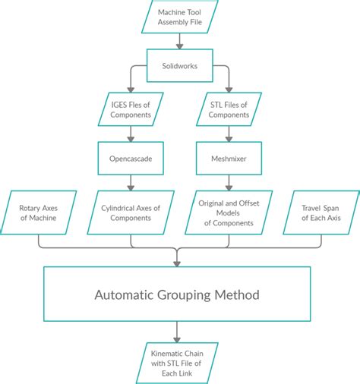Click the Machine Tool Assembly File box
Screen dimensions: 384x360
(x=180, y=17)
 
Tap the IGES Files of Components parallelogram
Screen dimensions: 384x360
(x=131, y=110)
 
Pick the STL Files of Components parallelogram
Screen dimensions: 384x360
(x=229, y=110)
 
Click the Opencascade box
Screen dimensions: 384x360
(x=131, y=159)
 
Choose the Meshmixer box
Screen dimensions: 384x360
(x=229, y=159)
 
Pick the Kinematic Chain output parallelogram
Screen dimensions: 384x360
(x=180, y=362)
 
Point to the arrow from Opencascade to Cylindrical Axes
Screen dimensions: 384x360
(x=131, y=182)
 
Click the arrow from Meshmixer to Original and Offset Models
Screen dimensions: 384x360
(x=229, y=182)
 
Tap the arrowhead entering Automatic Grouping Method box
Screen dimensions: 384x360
(x=177, y=262)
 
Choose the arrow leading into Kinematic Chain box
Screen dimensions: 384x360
(x=177, y=332)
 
